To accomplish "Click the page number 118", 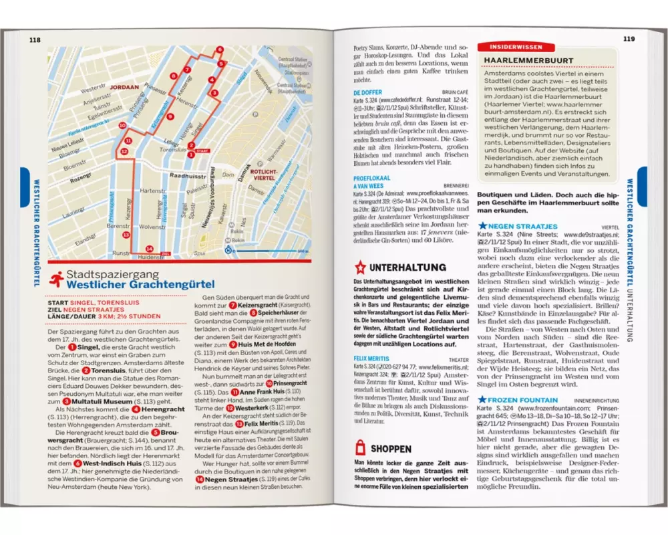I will point(35,40).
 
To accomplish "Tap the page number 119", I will point(629,39).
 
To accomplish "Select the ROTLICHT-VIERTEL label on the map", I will point(263,175).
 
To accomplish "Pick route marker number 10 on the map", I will point(122,125).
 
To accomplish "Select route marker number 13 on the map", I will point(126,235).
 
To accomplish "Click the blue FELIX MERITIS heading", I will point(371,358).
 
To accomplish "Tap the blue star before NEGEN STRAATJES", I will point(492,227).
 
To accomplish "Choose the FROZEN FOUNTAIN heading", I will point(532,401).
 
